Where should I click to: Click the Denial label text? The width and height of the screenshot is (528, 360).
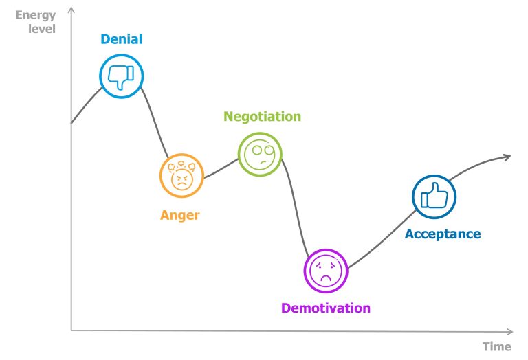point(122,39)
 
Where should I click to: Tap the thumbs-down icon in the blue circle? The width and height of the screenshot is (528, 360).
point(122,76)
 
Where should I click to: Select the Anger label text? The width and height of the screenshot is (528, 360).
point(180,215)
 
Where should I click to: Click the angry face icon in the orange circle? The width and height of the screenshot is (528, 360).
point(182,177)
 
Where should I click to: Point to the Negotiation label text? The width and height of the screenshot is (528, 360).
point(262,116)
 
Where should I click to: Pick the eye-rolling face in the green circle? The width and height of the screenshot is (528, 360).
point(260,154)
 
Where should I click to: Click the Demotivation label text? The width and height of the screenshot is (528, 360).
point(326,308)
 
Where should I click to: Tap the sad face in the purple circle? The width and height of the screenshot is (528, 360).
point(326,271)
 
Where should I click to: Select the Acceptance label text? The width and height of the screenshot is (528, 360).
point(443,234)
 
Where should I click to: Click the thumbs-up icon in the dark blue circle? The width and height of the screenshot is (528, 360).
point(434,196)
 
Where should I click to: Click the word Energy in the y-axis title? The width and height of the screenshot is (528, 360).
point(35,15)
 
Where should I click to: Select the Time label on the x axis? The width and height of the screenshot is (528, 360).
point(496,346)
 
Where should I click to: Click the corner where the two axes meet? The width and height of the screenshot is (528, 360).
point(71,330)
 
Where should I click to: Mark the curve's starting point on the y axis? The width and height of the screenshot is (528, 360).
point(71,123)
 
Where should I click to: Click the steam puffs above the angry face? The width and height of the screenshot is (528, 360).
point(182,166)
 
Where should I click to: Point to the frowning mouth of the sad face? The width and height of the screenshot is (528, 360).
point(326,278)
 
